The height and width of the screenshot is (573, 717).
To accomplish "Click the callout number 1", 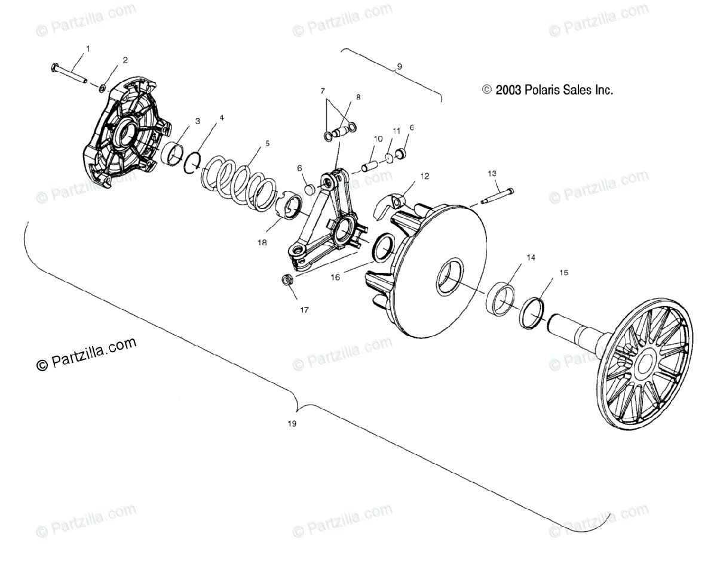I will pos(88,48).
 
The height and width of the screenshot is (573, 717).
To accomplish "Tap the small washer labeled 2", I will pos(103,89).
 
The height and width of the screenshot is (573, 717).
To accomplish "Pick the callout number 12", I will pos(425,176).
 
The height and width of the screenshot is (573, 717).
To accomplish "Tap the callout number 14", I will pos(530,258).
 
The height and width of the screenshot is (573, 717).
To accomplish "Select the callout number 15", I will pos(563,273).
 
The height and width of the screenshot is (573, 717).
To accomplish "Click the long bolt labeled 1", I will pos(69,72).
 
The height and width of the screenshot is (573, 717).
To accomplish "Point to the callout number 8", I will pos(358,97).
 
